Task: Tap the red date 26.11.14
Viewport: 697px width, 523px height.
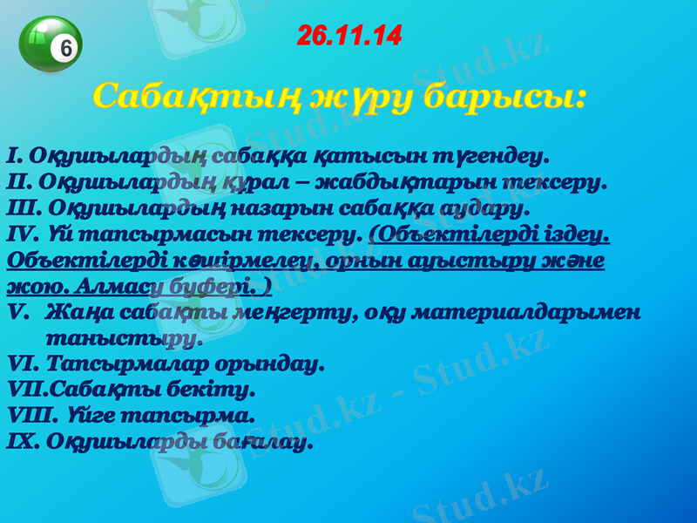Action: [x=348, y=36]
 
